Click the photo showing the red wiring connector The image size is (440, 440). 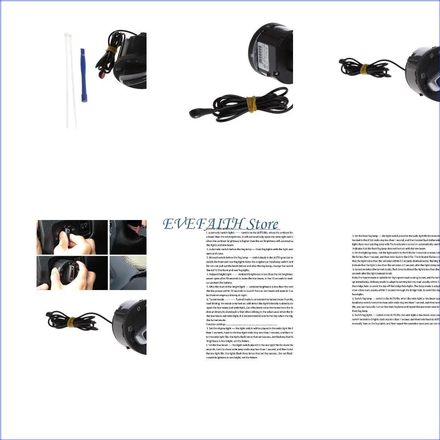[x=128, y=237]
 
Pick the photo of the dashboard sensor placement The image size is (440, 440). [x=128, y=272]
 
